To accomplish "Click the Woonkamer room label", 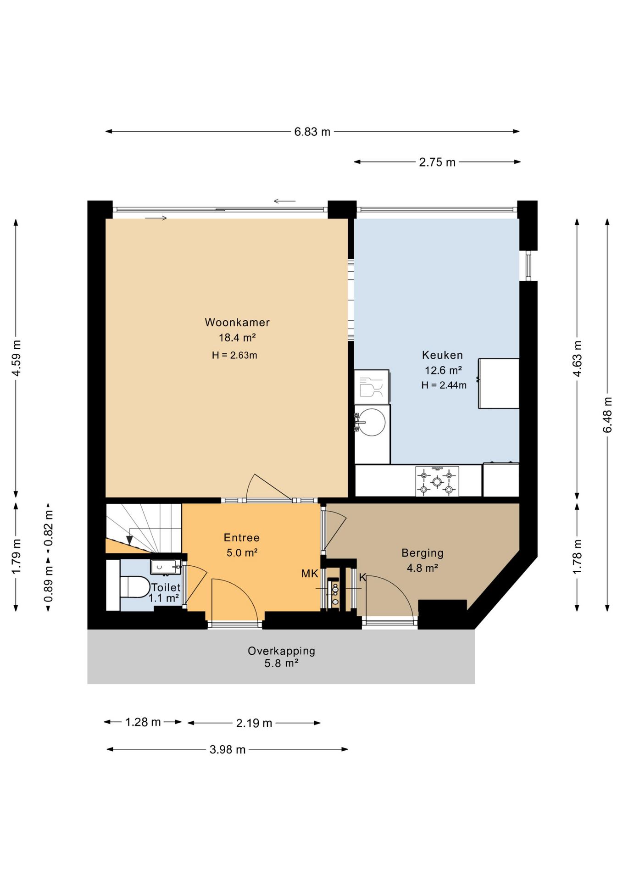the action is [237, 322].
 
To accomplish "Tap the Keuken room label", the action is [442, 355].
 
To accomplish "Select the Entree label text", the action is [242, 537].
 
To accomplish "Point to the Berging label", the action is [423, 553].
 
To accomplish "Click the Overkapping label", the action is [281, 651].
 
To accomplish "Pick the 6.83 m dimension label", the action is [312, 132].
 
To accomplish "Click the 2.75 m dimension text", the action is [437, 162].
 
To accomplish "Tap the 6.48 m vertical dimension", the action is [607, 415].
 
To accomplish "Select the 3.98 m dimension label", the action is [228, 749].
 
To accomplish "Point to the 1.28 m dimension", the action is [143, 722].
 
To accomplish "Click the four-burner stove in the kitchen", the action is [437, 481].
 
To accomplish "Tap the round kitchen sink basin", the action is [371, 422].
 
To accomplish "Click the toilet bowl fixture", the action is [135, 587].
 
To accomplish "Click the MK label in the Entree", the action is [310, 573].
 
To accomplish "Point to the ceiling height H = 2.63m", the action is [234, 355].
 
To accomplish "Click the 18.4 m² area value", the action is [237, 338].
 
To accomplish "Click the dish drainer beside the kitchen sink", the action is [372, 387].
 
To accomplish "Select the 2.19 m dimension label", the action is [254, 723].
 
